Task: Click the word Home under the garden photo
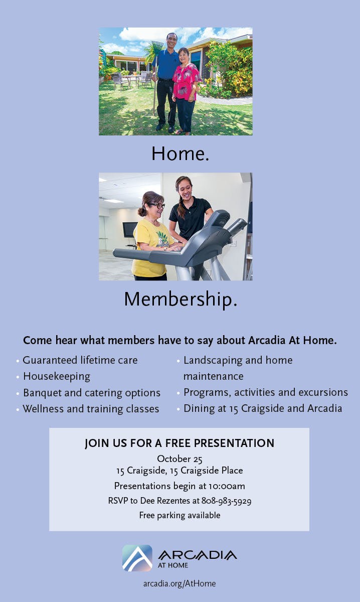pos(177,154)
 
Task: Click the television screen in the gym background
pos(129,229)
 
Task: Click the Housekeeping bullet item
pos(57,377)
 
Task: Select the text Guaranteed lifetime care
pos(80,360)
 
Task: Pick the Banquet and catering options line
pos(92,393)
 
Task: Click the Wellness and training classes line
pos(91,409)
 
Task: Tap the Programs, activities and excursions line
pos(265,393)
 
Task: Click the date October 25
pos(179,459)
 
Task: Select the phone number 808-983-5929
pos(226,501)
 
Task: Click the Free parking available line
pos(179,515)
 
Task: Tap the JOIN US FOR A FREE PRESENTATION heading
pos(179,443)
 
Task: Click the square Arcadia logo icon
pos(137,558)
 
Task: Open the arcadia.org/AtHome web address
pos(179,583)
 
